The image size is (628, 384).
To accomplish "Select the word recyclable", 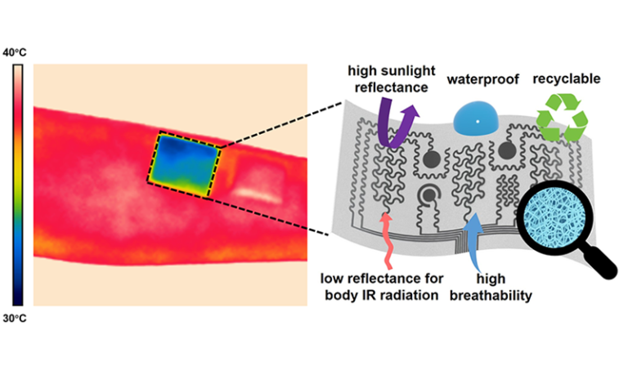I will pyautogui.click(x=566, y=79).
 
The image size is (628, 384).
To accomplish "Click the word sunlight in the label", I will pyautogui.click(x=391, y=71).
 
